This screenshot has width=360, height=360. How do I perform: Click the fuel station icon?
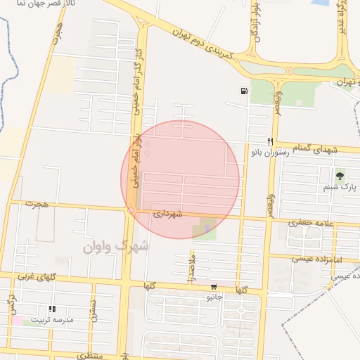pos(243,91)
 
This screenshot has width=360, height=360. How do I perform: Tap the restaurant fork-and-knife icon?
pos(270,141)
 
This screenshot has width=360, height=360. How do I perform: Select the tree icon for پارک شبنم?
pos(340,176)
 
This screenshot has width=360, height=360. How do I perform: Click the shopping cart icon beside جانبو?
pos(214,287)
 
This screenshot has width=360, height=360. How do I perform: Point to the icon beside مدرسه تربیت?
pos(51,309)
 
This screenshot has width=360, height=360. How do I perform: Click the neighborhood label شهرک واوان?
pos(115,247)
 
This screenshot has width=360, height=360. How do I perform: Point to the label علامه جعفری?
pos(309,223)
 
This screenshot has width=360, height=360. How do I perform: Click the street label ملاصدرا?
pos(191,266)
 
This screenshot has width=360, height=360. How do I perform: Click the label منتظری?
pos(89,356)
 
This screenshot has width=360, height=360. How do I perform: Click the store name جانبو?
pos(214,297)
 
